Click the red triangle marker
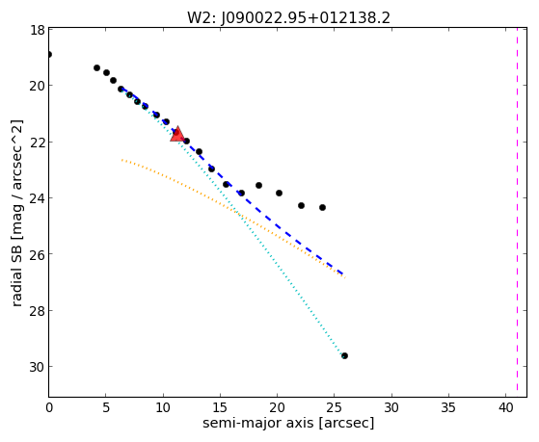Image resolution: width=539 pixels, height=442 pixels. (177, 134)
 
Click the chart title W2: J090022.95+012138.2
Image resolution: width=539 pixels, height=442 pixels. (288, 18)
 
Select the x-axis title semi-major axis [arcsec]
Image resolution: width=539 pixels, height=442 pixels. (288, 423)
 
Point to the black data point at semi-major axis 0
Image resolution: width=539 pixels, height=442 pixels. (49, 54)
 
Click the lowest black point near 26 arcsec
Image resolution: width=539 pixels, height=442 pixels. (344, 355)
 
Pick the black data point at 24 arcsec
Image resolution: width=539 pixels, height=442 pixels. (322, 207)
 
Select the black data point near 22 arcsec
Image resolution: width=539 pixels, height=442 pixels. (301, 205)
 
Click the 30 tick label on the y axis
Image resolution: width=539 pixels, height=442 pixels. (37, 367)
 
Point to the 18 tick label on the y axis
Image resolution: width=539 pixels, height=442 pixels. (37, 30)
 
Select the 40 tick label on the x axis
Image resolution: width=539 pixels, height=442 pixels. (505, 407)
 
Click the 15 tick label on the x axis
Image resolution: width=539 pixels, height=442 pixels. (220, 407)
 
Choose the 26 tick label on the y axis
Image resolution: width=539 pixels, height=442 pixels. (37, 254)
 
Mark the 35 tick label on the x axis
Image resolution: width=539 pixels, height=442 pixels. (448, 407)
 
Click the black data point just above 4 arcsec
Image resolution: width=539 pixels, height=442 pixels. (97, 67)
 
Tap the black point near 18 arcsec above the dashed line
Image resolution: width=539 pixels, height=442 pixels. (258, 186)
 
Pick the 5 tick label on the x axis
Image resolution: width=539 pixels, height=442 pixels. (106, 407)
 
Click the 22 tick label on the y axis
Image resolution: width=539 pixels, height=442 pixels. (37, 143)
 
